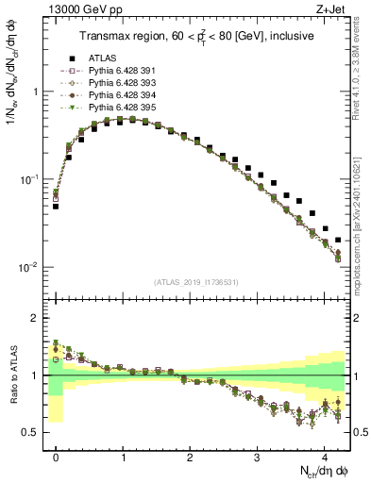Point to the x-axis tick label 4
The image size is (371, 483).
point(324,455)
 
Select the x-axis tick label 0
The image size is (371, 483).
point(56,455)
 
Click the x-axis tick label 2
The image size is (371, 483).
point(190,455)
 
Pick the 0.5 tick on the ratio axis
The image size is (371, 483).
point(31,432)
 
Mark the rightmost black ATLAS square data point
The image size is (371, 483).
point(338,241)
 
